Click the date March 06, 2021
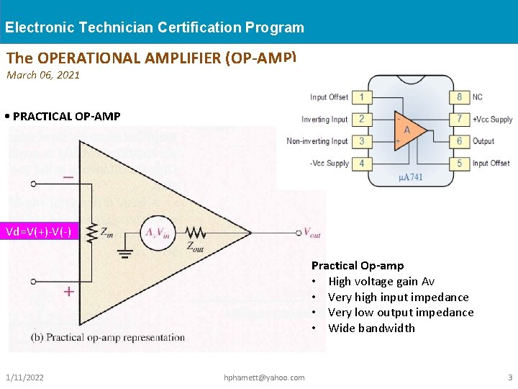click(x=43, y=75)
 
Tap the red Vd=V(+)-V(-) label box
click(x=39, y=232)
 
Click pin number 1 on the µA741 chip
click(x=361, y=97)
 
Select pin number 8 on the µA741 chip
click(x=460, y=97)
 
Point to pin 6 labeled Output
click(x=460, y=141)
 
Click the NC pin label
click(x=478, y=97)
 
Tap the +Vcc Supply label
click(x=493, y=119)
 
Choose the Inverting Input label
click(x=324, y=120)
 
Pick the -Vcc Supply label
click(x=329, y=164)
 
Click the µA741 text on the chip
click(x=410, y=177)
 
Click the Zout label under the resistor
click(x=195, y=246)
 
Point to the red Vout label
click(x=312, y=232)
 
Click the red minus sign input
click(x=68, y=177)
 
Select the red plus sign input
click(x=68, y=292)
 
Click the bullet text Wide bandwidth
click(x=371, y=328)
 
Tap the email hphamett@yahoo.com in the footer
click(x=264, y=377)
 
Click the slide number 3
click(x=510, y=377)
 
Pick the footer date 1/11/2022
click(x=24, y=377)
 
